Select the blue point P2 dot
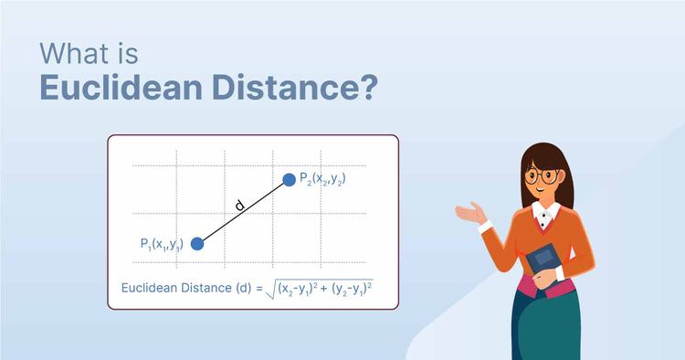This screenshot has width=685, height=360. [290, 180]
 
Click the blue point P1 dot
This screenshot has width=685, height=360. [196, 244]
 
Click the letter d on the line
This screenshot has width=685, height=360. [239, 206]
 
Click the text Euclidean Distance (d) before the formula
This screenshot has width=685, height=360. [187, 289]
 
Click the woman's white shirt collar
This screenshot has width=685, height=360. [546, 216]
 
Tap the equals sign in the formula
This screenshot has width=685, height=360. [260, 289]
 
